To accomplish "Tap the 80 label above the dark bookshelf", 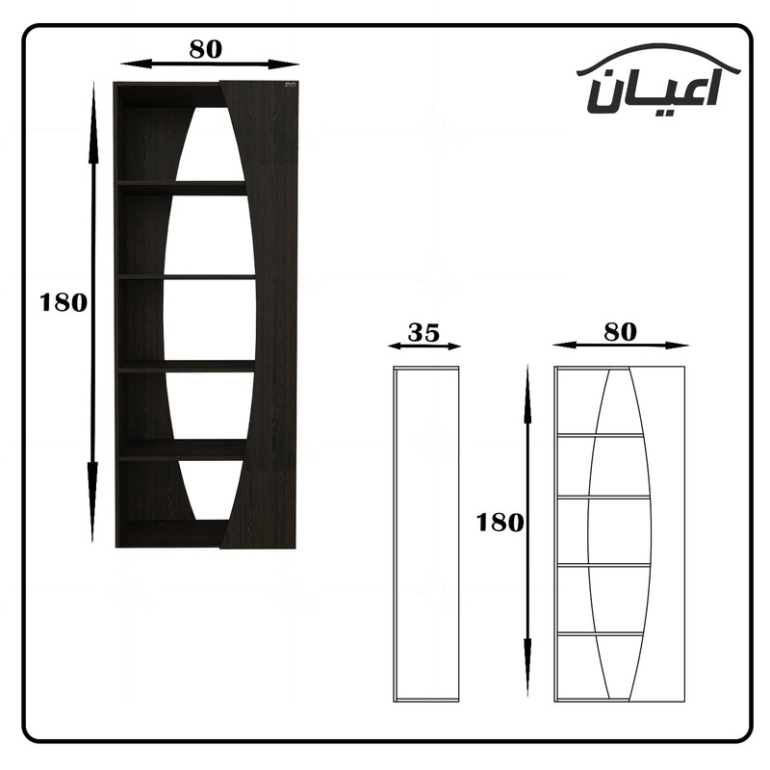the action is click(206, 49).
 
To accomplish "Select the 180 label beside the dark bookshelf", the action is click(64, 302).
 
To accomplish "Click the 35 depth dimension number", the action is click(423, 332).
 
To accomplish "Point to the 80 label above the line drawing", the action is click(620, 332).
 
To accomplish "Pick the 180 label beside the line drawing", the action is click(500, 523).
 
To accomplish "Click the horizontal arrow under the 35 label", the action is click(424, 346).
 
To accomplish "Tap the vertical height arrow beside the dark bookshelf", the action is click(92, 312).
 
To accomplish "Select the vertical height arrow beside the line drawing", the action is click(527, 530).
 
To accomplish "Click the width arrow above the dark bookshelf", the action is click(210, 64).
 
